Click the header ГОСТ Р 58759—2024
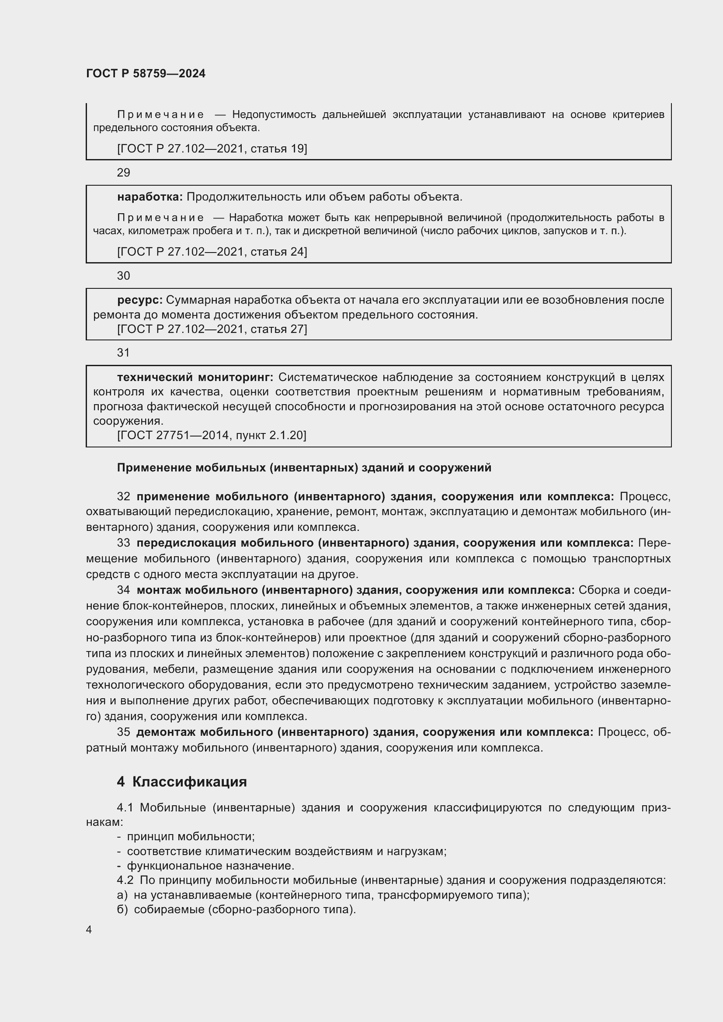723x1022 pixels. coord(146,73)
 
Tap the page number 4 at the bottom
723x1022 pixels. coord(89,929)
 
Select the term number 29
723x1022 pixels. coord(123,173)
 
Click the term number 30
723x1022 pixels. coord(123,276)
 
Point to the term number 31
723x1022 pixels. coord(123,353)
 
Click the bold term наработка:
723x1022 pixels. coord(150,197)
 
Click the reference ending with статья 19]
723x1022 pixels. coord(212,149)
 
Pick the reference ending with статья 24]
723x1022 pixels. coord(212,252)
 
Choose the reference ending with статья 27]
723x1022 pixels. coord(212,329)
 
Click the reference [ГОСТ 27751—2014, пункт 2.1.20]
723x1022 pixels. coord(212,435)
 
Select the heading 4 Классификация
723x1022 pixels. coord(182,782)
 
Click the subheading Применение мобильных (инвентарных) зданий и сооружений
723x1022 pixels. coord(304,468)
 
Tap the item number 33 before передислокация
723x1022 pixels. coord(123,543)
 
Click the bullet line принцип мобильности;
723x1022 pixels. coord(191,836)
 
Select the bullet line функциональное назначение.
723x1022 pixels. coord(211,866)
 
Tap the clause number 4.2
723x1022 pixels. coord(125,880)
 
